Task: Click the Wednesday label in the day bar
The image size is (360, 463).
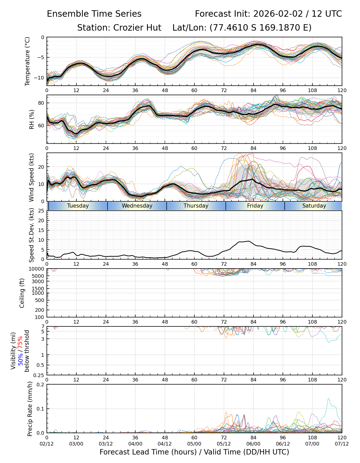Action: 137,206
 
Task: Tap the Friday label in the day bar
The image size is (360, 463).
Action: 255,206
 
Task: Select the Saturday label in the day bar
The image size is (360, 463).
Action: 314,206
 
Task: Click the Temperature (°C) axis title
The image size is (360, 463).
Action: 28,61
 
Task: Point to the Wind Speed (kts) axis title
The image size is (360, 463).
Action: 31,177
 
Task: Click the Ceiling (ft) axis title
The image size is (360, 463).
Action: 22,293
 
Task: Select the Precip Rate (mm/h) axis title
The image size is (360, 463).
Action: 30,408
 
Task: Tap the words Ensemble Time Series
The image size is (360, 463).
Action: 94,14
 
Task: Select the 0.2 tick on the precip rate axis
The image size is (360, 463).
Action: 41,385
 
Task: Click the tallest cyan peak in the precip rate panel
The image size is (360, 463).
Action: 328,398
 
